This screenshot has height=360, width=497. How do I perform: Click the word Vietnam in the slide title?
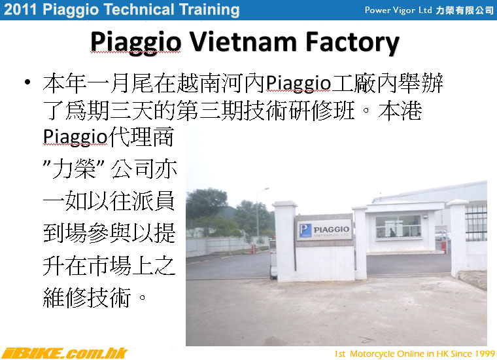(243, 41)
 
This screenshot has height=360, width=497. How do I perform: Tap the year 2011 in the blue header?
(20, 10)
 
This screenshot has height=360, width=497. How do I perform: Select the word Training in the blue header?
(209, 10)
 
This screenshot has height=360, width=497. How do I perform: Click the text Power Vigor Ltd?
(398, 10)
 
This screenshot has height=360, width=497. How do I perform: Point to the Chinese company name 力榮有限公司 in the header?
(464, 10)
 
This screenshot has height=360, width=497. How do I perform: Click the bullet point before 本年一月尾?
(27, 82)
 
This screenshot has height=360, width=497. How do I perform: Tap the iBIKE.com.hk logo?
(63, 353)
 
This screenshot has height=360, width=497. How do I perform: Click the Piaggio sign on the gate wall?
(324, 229)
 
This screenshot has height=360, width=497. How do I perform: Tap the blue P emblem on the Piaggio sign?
(305, 230)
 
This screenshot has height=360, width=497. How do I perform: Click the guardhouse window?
(398, 226)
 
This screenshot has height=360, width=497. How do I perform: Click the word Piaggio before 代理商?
(75, 137)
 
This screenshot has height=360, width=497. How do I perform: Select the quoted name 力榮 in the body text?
(74, 168)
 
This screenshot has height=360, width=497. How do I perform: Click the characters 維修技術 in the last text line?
(86, 297)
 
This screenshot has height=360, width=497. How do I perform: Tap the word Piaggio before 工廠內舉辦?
(298, 84)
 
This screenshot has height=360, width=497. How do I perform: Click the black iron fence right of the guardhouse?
(476, 223)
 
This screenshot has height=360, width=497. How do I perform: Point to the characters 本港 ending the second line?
(400, 111)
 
